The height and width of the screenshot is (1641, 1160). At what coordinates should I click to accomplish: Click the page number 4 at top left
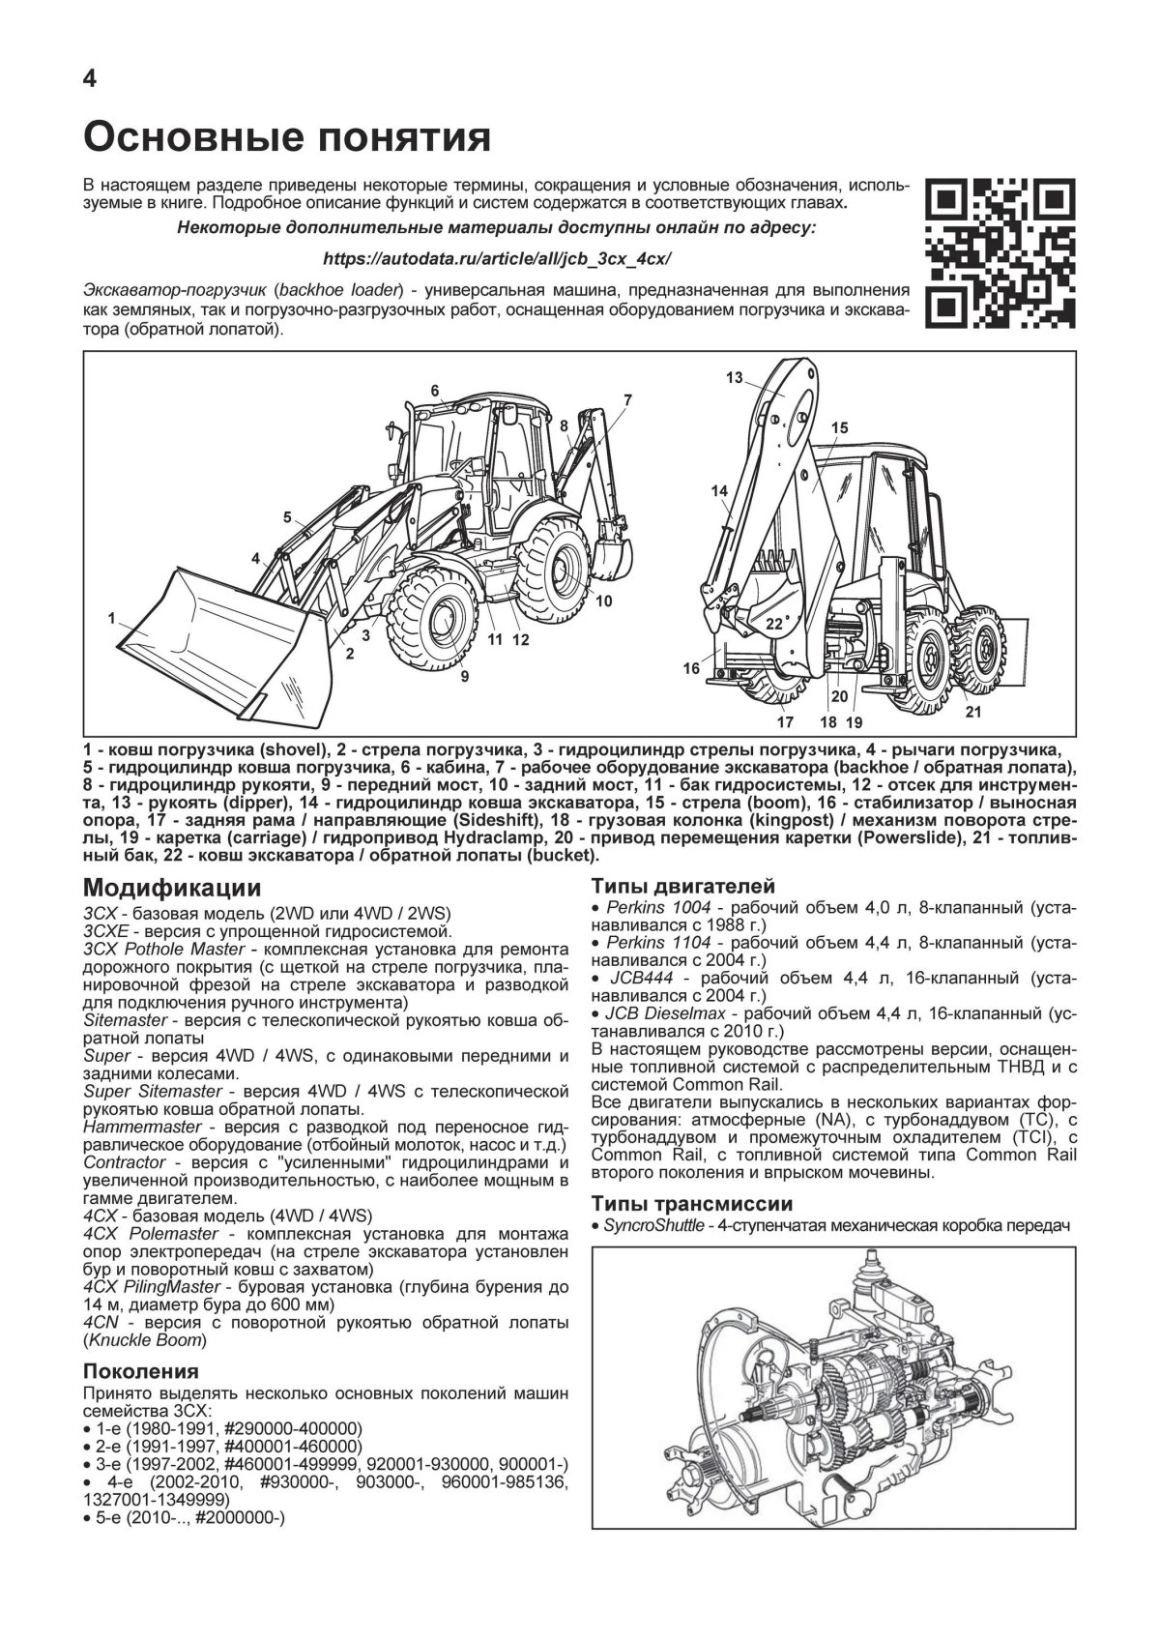coord(89,79)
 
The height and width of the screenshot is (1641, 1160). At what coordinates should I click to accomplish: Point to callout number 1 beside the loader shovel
coord(112,616)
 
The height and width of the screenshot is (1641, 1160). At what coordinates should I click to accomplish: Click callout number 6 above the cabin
coord(435,391)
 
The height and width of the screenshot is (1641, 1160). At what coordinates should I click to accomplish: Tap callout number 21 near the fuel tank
coord(971,713)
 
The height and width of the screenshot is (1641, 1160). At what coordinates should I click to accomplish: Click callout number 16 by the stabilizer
coord(690,668)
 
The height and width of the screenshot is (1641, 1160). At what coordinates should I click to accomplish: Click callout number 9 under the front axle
coord(464,676)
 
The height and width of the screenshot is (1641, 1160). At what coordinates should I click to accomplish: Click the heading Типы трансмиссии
coord(691,1204)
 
